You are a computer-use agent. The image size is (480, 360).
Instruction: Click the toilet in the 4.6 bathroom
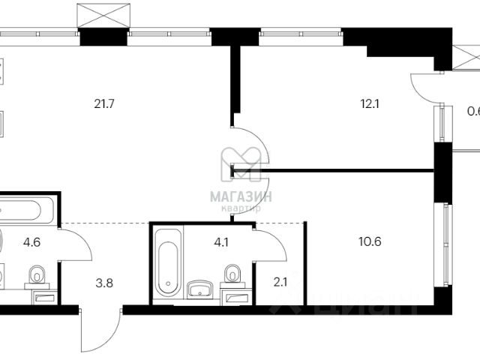[x=34, y=280]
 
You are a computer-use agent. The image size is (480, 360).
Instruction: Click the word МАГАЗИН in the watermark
[x=241, y=196]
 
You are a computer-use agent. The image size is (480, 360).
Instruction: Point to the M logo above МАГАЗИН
[x=240, y=163]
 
